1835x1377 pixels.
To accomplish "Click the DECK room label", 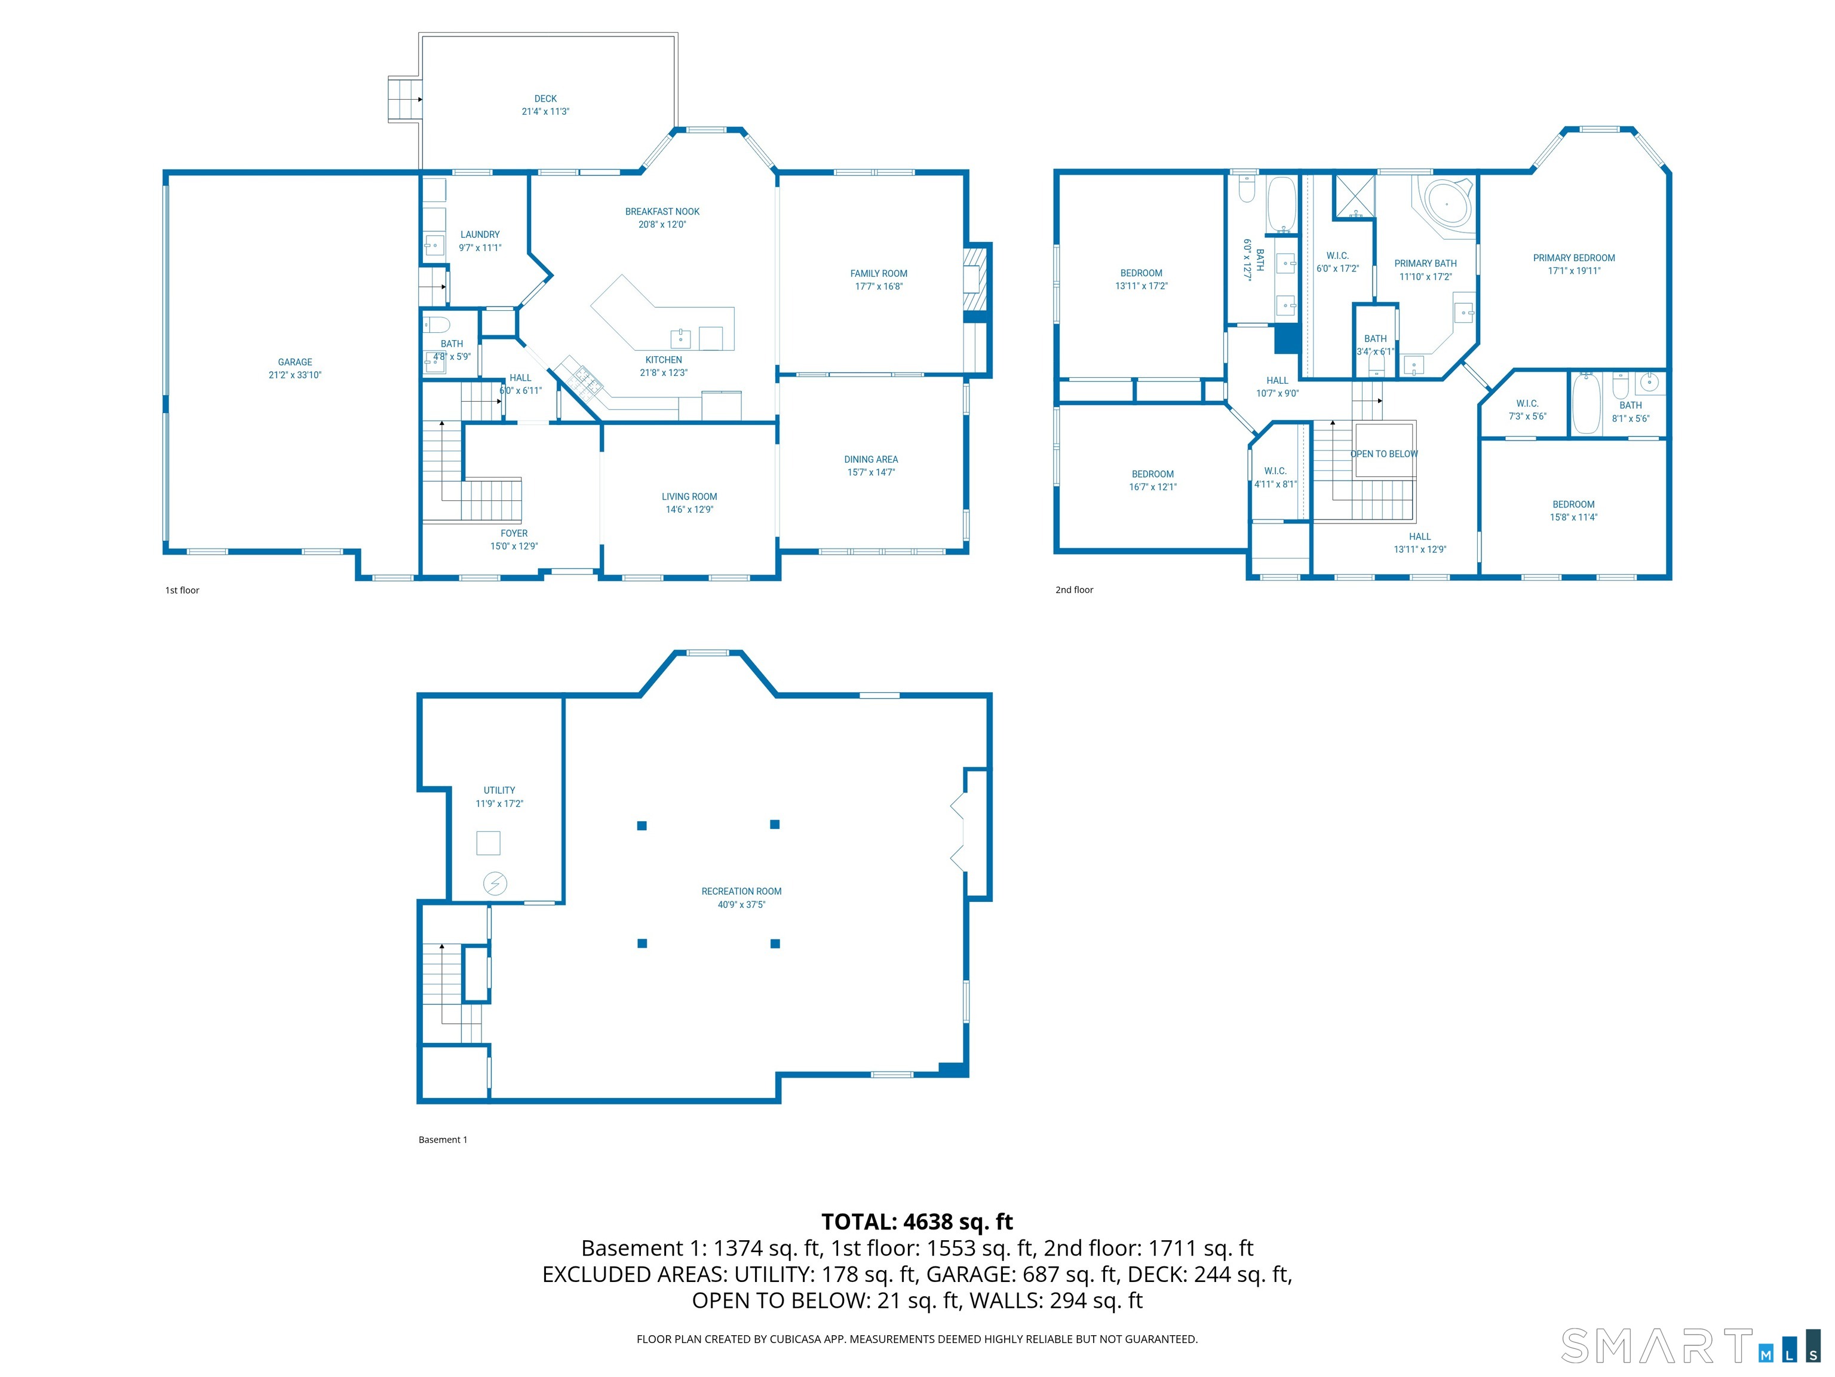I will (x=545, y=99).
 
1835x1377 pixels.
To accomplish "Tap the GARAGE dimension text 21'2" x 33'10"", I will (x=294, y=375).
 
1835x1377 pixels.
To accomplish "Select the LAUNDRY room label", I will (x=480, y=235).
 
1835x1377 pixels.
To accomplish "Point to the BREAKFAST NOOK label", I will (x=662, y=212).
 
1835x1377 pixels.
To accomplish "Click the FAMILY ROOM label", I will (x=879, y=274).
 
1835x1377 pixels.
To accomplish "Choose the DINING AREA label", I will (x=871, y=460).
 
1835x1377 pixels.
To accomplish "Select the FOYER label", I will (x=514, y=534).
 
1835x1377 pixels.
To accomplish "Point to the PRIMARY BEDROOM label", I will (x=1574, y=258).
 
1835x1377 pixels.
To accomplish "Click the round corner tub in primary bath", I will (x=1446, y=203).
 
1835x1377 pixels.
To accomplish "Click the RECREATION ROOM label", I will (x=741, y=892).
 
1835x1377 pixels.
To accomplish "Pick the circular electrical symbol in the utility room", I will (x=495, y=883).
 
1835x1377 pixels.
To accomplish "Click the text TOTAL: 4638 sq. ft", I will (x=917, y=1222).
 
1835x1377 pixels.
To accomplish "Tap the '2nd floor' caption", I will (x=1074, y=590).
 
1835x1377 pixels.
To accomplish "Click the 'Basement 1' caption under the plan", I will (x=443, y=1140).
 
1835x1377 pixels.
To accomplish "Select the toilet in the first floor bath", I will (x=437, y=324).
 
